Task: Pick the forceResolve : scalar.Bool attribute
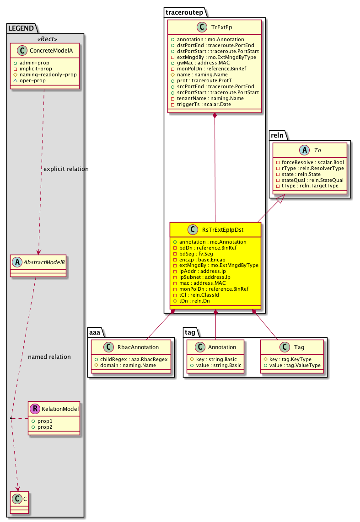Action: pyautogui.click(x=309, y=162)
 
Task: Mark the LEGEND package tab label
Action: pyautogui.click(x=21, y=28)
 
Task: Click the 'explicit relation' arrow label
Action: pyautogui.click(x=66, y=169)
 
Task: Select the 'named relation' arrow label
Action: pyautogui.click(x=49, y=357)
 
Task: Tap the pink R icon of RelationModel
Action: pyautogui.click(x=36, y=409)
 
